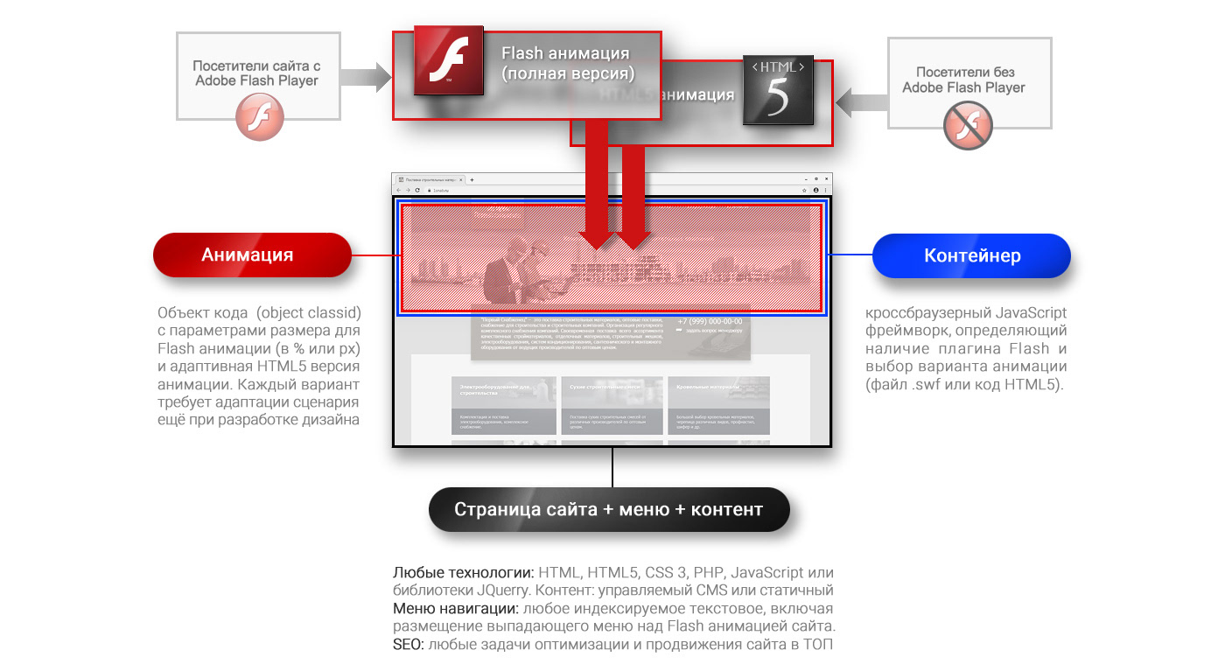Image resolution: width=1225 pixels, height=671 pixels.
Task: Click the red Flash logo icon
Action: [449, 60]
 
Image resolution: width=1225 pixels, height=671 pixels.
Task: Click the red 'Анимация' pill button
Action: [251, 255]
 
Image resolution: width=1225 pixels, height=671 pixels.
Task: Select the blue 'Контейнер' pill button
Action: [971, 255]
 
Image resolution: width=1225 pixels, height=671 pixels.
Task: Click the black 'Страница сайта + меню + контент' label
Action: [608, 509]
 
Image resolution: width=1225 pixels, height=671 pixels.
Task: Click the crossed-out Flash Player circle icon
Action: [967, 125]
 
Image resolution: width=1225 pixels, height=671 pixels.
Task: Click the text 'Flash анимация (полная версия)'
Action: [568, 64]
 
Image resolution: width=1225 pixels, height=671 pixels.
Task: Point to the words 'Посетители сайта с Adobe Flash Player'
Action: [256, 73]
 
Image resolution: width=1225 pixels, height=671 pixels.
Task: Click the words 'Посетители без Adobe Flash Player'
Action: [964, 80]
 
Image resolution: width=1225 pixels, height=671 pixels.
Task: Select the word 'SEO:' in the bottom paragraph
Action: [408, 646]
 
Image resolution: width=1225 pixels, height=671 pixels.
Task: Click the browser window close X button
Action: [825, 178]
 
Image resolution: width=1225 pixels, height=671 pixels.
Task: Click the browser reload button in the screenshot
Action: [417, 190]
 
